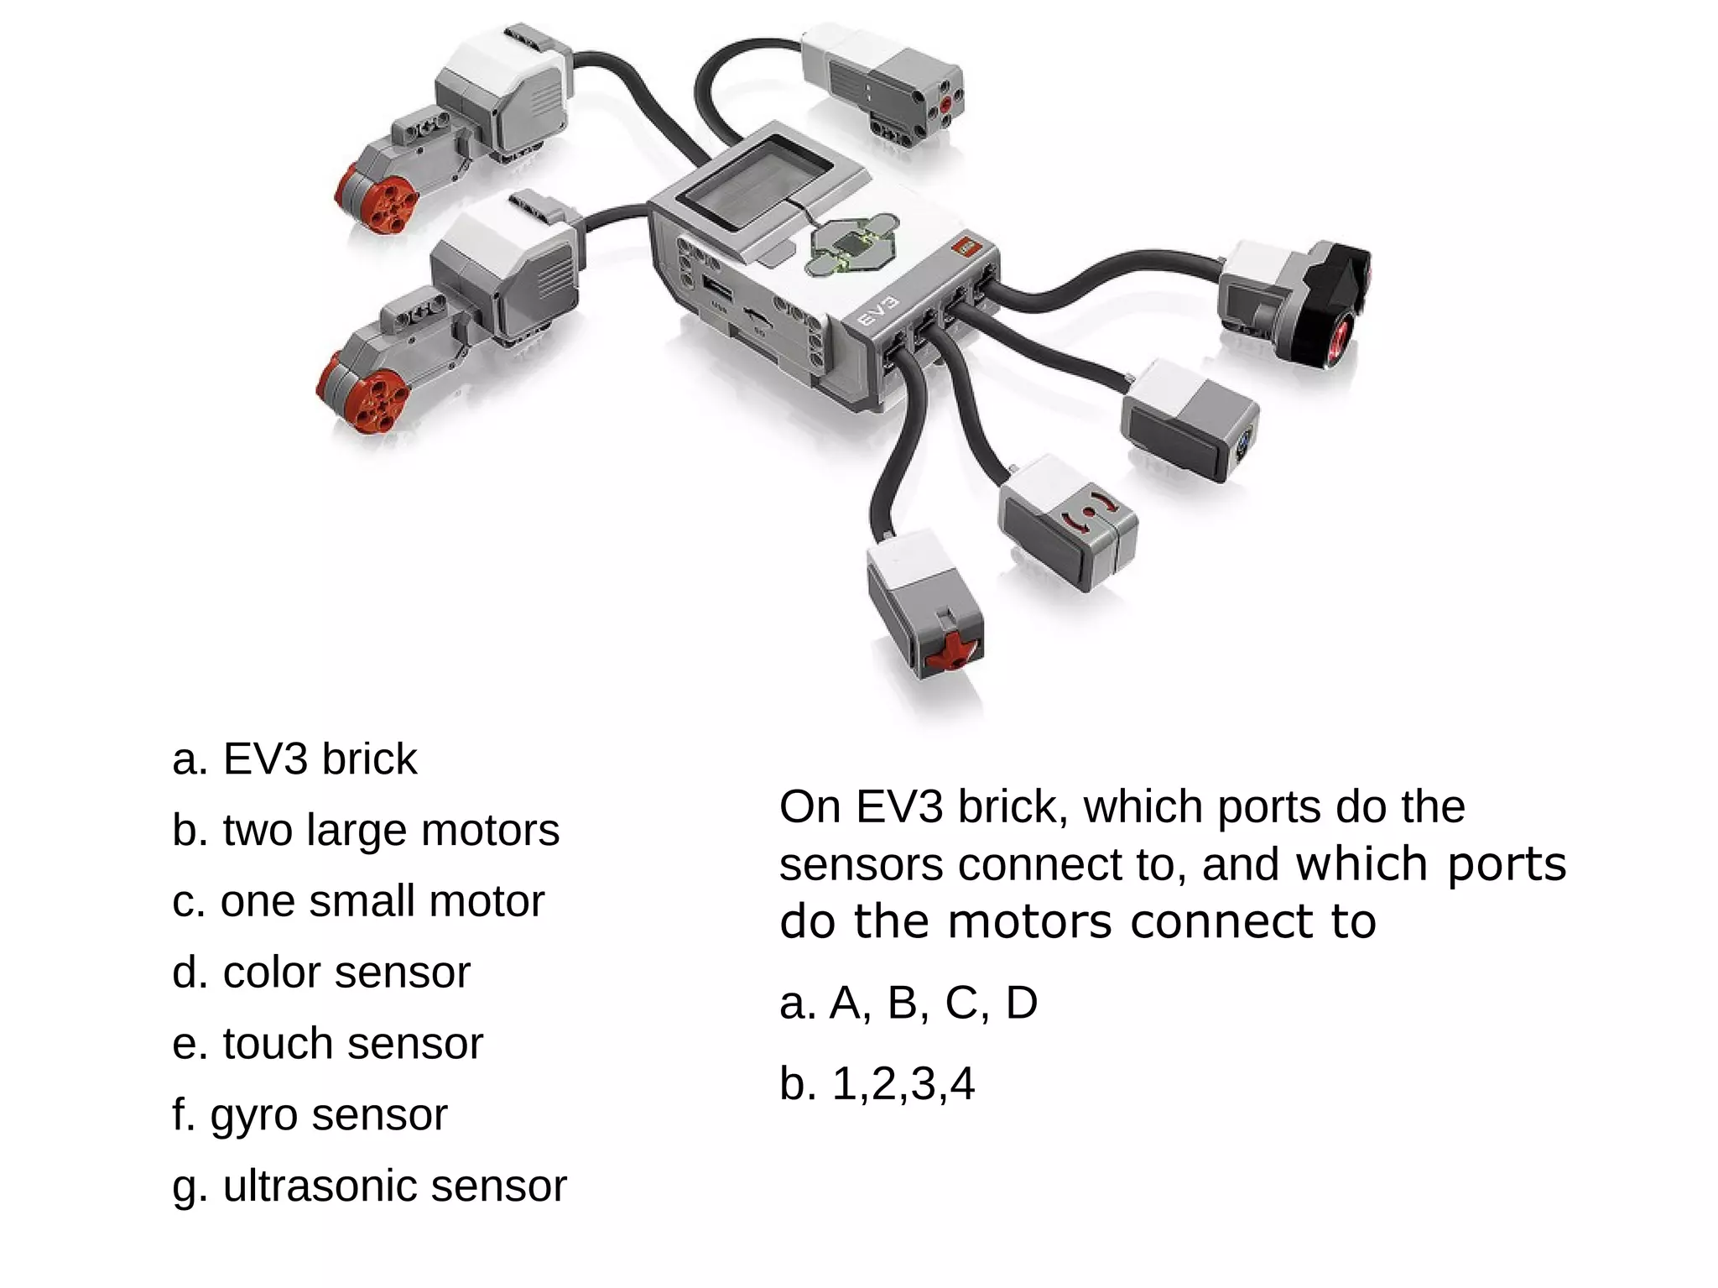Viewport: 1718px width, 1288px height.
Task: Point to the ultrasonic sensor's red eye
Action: (1337, 333)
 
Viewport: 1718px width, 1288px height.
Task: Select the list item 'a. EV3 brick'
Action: (294, 759)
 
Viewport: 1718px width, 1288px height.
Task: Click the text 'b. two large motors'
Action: (366, 831)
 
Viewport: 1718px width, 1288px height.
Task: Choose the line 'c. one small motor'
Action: (358, 902)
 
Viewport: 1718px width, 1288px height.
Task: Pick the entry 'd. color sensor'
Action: (321, 973)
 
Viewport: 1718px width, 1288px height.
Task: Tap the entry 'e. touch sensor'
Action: (328, 1045)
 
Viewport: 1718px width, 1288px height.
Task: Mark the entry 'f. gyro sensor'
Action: (310, 1116)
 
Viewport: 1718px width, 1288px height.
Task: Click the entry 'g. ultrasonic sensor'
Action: (369, 1186)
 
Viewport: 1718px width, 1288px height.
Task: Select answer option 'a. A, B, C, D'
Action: (908, 1003)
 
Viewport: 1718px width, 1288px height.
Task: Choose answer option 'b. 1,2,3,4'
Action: (877, 1083)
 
